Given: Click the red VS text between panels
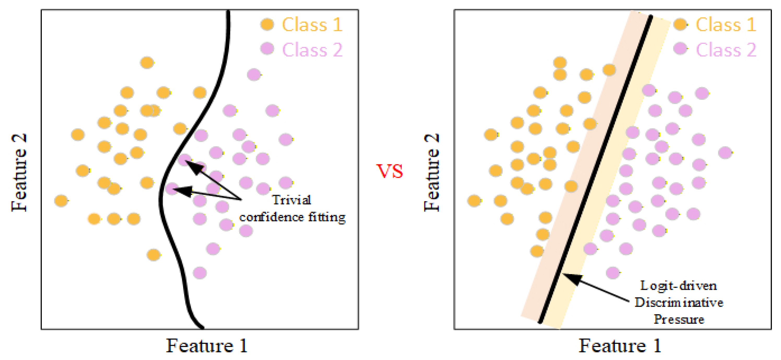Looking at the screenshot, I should click(390, 171).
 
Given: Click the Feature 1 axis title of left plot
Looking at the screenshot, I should click(207, 345).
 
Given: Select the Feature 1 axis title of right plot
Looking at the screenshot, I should click(620, 345).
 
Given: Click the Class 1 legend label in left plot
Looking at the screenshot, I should click(312, 25).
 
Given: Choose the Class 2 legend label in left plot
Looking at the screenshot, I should click(312, 50).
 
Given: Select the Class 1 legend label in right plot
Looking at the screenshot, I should click(726, 25).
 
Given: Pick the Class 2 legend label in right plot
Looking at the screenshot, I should click(726, 50).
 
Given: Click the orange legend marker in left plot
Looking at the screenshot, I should click(267, 24).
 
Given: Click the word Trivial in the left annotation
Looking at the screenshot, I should click(291, 200).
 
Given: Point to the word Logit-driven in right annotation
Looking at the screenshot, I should click(679, 286).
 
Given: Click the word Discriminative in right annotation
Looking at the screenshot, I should click(679, 302).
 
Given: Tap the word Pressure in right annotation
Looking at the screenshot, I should click(679, 319).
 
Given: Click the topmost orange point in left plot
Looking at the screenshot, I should click(147, 63).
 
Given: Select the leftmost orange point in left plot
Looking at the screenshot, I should click(61, 200).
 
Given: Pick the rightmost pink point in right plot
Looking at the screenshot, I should click(725, 153).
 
